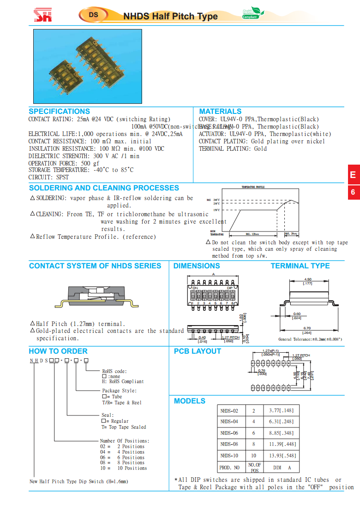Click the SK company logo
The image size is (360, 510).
tap(43, 16)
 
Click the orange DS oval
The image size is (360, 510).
tap(93, 15)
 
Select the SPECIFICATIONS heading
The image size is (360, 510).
tap(59, 112)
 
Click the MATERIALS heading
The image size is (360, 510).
tap(220, 112)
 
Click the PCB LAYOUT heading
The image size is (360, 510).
tap(197, 351)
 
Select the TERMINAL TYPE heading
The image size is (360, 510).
tap(300, 266)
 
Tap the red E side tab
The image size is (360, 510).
tap(353, 175)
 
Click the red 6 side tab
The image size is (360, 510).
tap(353, 192)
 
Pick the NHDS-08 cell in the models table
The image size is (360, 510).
tap(229, 445)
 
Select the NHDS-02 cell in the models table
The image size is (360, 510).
tap(229, 410)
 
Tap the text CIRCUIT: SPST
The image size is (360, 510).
tap(48, 178)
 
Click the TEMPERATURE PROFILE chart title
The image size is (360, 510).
tap(253, 187)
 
